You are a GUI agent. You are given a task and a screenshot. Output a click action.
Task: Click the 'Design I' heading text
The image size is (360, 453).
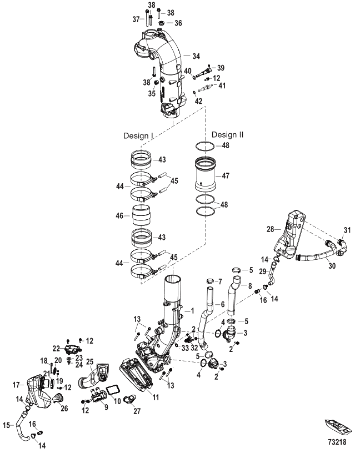pos(138,135)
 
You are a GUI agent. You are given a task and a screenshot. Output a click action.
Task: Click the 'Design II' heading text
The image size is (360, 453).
pos(228,134)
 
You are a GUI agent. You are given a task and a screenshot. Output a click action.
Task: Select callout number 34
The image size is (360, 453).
pos(196,56)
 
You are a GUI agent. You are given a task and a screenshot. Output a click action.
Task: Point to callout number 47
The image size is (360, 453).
pos(226,175)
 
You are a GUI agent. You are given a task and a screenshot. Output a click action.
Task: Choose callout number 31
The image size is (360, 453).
pos(348,231)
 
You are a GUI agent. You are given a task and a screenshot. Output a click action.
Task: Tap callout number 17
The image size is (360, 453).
pos(16,383)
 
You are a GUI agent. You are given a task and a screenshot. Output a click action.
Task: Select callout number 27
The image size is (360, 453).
pos(137,412)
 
